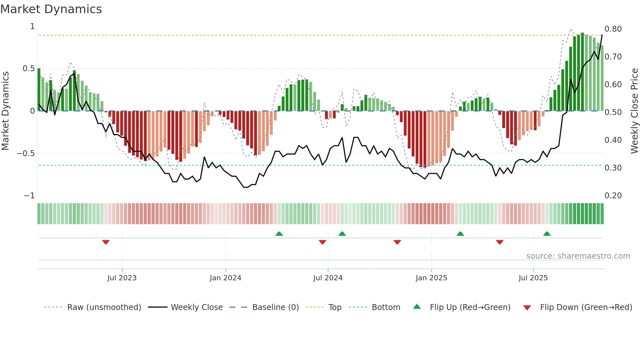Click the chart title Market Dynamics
pos(51,9)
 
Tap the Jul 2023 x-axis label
pos(122,278)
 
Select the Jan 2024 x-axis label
pos(225,278)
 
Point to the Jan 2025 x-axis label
pos(431,278)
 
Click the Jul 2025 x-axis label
pos(533,278)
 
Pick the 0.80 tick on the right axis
pos(613,29)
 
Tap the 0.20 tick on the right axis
pos(613,196)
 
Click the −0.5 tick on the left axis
pos(26,154)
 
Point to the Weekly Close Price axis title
pos(634,111)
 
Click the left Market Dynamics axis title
pos(5,111)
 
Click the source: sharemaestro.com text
pos(578,256)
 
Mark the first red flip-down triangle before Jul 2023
pos(106,242)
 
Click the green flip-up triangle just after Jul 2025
pos(547,234)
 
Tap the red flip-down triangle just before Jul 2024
pos(322,242)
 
